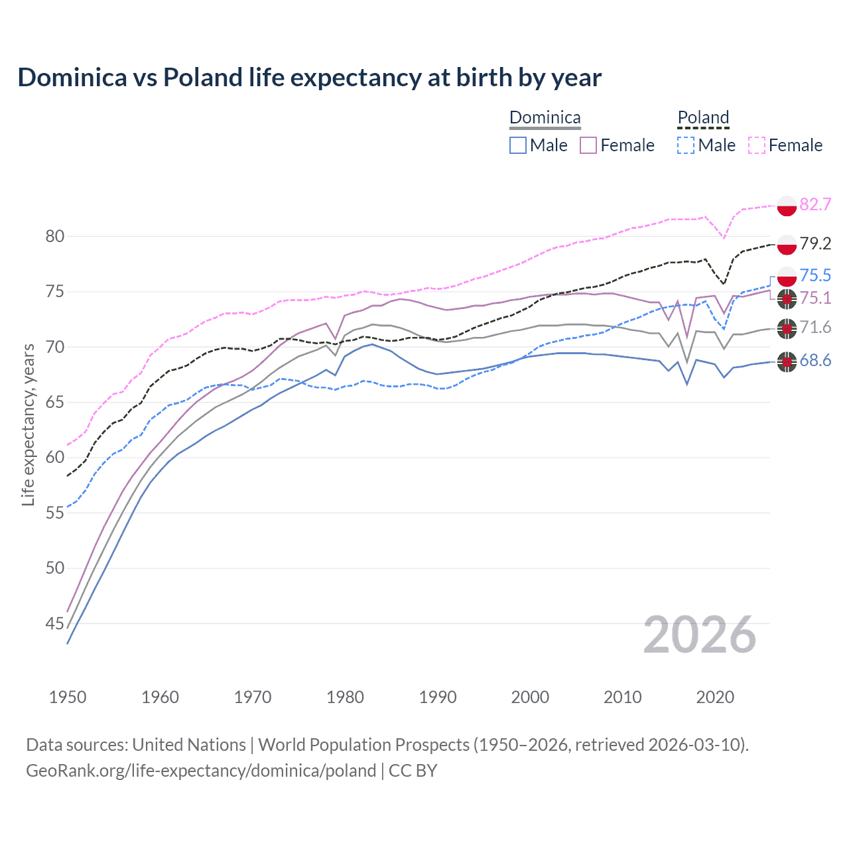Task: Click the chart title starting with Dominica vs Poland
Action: (x=309, y=78)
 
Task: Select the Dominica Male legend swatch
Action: (x=518, y=145)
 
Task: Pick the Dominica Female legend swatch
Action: (x=588, y=145)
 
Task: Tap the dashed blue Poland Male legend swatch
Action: (x=686, y=145)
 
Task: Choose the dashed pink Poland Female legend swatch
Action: (x=757, y=145)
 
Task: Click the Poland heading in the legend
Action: (x=703, y=117)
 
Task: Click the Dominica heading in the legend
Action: (x=545, y=117)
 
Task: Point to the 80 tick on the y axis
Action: (x=55, y=237)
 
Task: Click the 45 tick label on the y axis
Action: (x=55, y=623)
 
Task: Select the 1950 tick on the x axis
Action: (x=68, y=697)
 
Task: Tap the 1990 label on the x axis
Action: (x=438, y=697)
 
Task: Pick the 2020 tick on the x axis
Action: (x=715, y=697)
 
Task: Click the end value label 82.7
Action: (x=815, y=205)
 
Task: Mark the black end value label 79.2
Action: (x=815, y=244)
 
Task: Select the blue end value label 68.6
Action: (x=815, y=361)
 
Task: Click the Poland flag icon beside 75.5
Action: (x=787, y=276)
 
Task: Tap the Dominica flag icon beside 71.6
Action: (x=787, y=328)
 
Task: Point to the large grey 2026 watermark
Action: (x=699, y=635)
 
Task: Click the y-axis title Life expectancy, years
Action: (x=28, y=424)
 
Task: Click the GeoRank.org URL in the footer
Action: (x=200, y=771)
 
